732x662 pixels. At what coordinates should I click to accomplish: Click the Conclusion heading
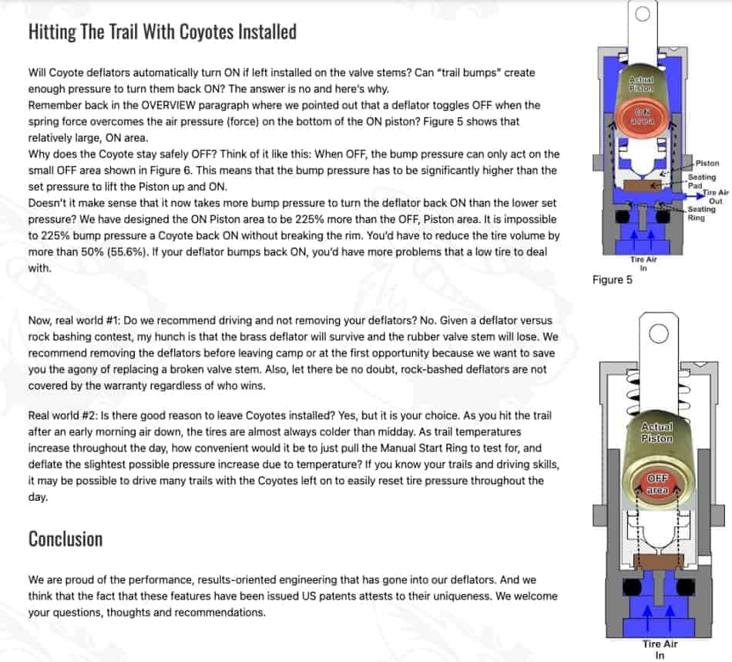(65, 538)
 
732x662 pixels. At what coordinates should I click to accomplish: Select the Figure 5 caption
(613, 279)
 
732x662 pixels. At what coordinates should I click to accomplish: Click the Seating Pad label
(700, 181)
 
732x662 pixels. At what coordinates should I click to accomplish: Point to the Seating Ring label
(700, 213)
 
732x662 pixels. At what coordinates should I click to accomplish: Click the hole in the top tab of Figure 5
(643, 15)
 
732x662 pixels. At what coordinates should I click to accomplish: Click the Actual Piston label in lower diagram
(656, 432)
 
